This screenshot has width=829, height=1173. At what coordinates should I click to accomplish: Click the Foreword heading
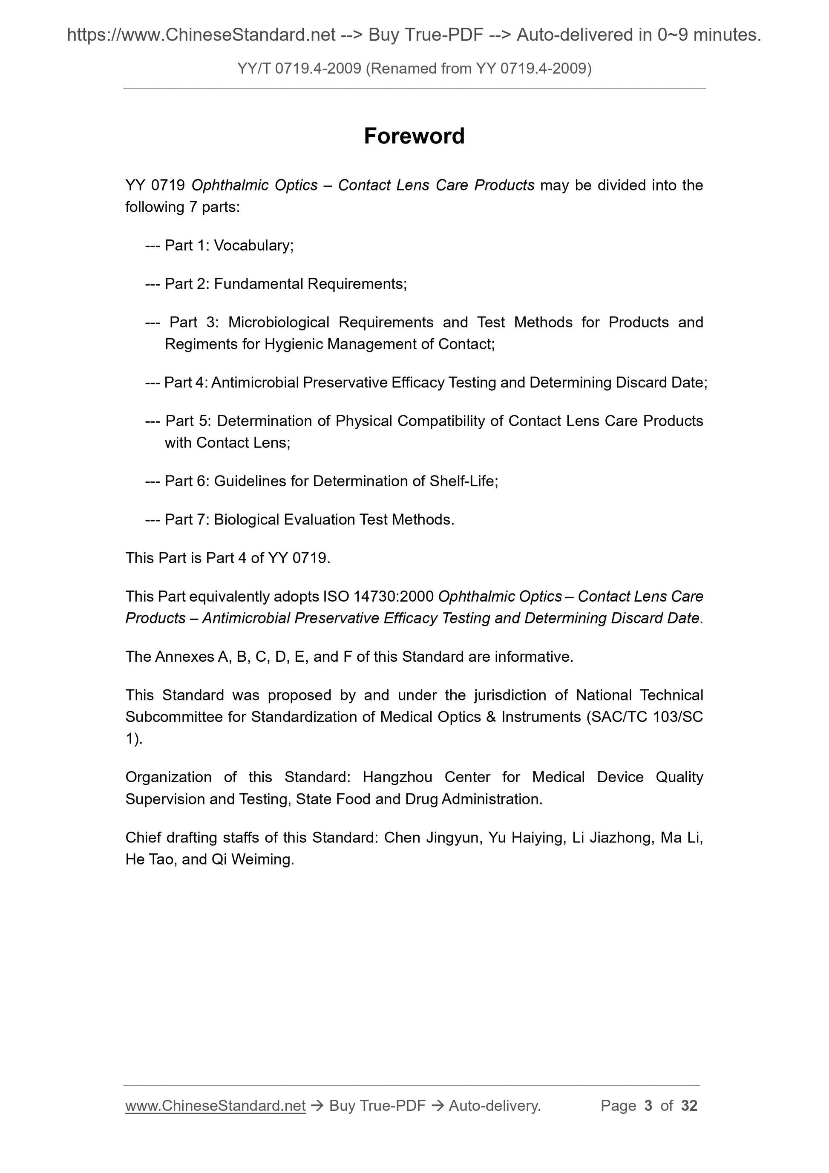pos(414,136)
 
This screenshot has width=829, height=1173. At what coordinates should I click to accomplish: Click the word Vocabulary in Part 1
pos(253,246)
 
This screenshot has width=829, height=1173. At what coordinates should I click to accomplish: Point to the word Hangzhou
pos(397,778)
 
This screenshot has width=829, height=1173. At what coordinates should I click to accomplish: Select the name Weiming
pos(262,860)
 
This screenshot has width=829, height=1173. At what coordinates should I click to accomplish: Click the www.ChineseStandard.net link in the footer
pos(215,1106)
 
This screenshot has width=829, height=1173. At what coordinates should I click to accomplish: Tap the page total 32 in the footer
pos(689,1106)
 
